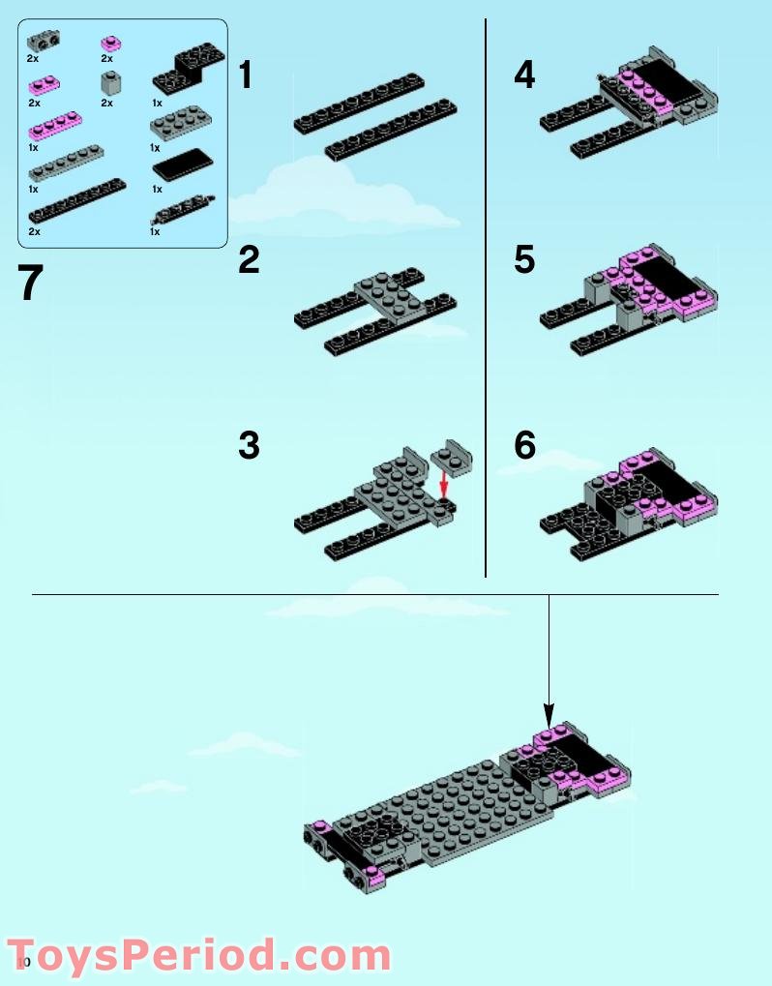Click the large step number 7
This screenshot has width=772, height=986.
[31, 283]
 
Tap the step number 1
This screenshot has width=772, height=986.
[246, 75]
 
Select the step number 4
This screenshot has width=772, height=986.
[524, 75]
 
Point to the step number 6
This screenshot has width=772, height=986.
[524, 446]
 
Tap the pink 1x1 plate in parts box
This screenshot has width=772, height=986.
[111, 43]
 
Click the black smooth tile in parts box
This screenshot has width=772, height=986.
[182, 165]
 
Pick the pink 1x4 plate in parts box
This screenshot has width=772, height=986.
[55, 124]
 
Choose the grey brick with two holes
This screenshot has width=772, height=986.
[41, 42]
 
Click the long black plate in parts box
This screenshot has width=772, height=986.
[77, 200]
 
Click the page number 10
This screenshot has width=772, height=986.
[24, 961]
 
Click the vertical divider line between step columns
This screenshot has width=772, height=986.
[486, 290]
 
